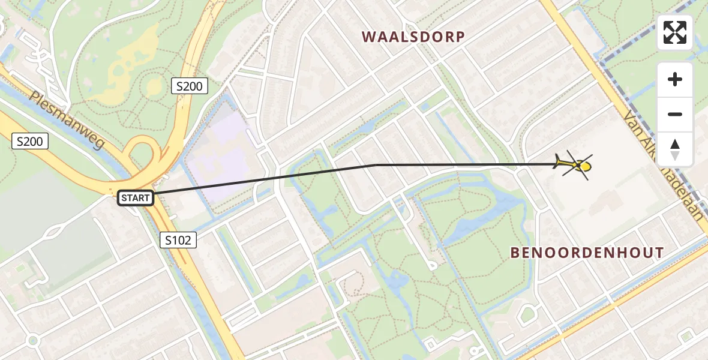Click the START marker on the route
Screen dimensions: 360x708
click(x=136, y=198)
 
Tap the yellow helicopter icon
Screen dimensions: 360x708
click(x=574, y=164)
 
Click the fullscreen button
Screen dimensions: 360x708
click(x=675, y=32)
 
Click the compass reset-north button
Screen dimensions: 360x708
click(x=675, y=149)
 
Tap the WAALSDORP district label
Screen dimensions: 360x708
click(x=413, y=37)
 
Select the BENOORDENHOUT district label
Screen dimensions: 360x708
click(x=587, y=253)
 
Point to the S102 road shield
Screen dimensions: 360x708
click(x=179, y=241)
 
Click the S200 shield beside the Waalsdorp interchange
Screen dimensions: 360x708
click(x=189, y=86)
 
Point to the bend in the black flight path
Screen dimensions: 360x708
click(x=376, y=164)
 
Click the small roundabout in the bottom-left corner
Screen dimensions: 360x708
click(x=33, y=341)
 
